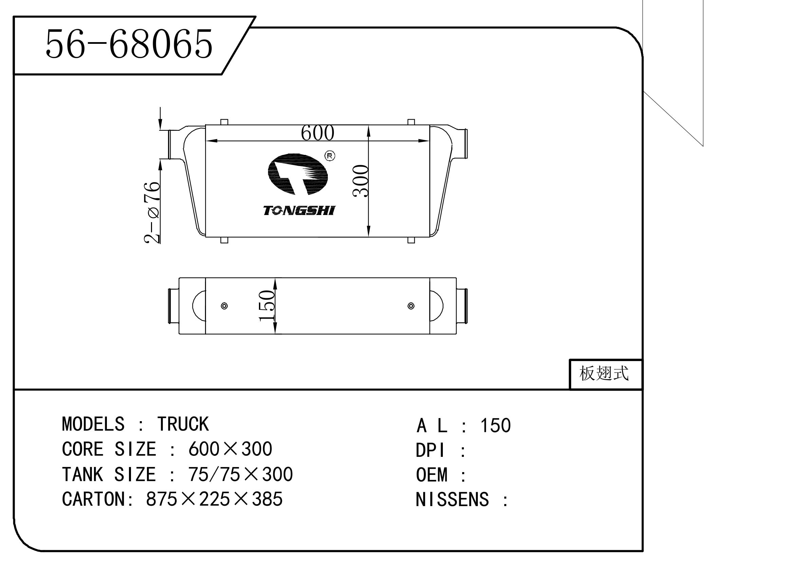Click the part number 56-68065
[129, 44]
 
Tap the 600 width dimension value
[317, 133]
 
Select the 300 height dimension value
[361, 181]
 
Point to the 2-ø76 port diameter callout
[152, 212]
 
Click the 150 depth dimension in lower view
[266, 306]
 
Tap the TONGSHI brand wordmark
[299, 211]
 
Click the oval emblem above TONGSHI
[298, 174]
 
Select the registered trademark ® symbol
[329, 156]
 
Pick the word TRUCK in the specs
[183, 424]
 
